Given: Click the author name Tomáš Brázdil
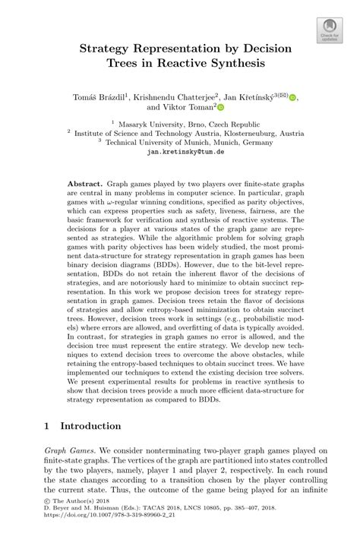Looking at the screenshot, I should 100,96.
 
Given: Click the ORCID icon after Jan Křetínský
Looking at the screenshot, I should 294,96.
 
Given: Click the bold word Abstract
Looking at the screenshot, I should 84,185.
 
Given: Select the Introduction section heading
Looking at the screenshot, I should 93,425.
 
